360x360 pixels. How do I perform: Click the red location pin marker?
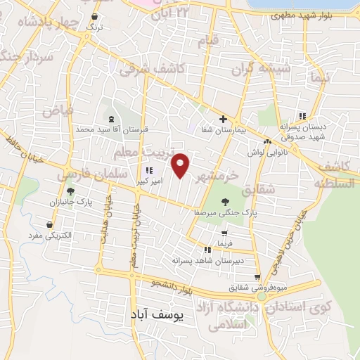[181, 165]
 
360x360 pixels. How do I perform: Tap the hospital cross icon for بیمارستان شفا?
[223, 119]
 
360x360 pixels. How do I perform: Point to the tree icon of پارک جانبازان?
[70, 191]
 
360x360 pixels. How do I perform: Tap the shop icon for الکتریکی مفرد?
[49, 225]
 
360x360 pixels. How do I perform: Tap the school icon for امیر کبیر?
[148, 171]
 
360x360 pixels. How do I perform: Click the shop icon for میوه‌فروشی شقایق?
[258, 277]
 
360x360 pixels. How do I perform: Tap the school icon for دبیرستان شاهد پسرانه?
[207, 249]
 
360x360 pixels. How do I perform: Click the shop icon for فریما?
[224, 233]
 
